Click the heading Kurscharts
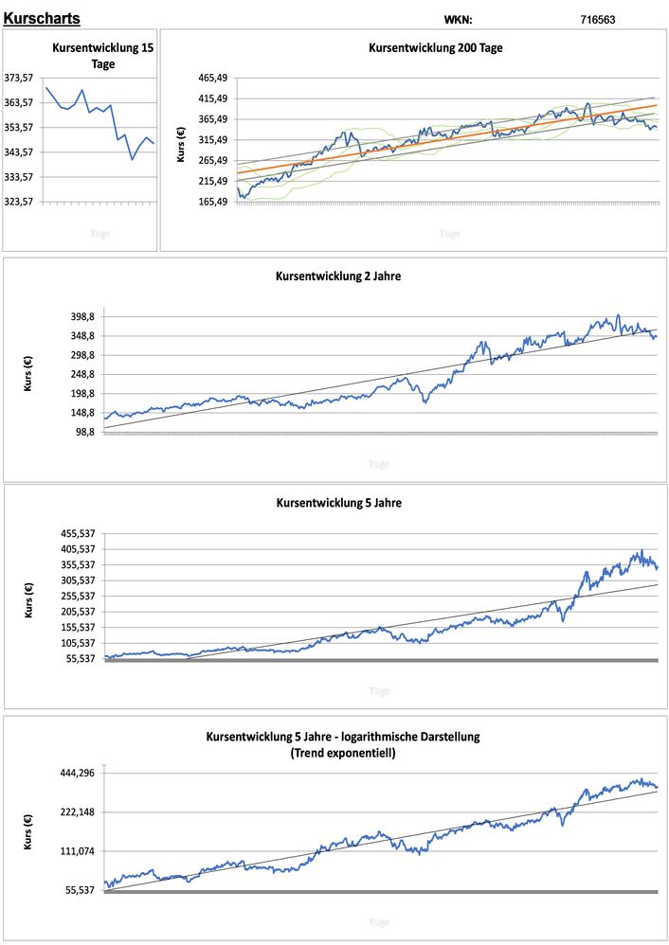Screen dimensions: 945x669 point(42,18)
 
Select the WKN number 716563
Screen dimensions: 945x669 point(598,19)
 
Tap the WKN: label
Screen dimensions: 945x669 point(458,19)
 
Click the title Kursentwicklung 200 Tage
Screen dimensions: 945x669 point(435,47)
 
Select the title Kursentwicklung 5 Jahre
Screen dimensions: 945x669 point(338,503)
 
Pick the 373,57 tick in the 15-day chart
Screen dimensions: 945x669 point(20,79)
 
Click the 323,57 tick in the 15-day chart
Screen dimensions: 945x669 point(20,202)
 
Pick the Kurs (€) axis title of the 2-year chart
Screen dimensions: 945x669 point(28,373)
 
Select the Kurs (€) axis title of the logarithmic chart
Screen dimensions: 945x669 point(28,831)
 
